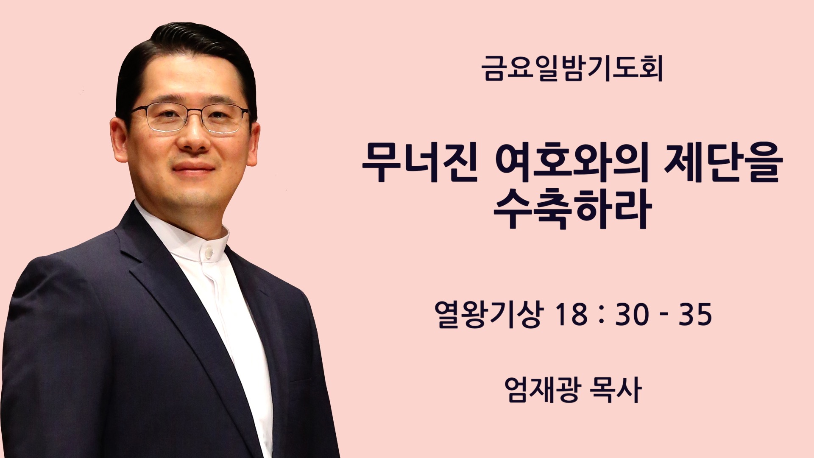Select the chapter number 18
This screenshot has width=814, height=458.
571,315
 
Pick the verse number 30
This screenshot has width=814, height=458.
632,315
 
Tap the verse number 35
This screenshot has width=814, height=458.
695,315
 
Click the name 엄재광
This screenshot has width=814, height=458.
541,389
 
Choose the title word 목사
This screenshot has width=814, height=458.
615,389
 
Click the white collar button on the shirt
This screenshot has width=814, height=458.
209,253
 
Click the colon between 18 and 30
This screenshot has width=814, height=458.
602,316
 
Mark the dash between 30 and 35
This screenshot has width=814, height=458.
664,316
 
